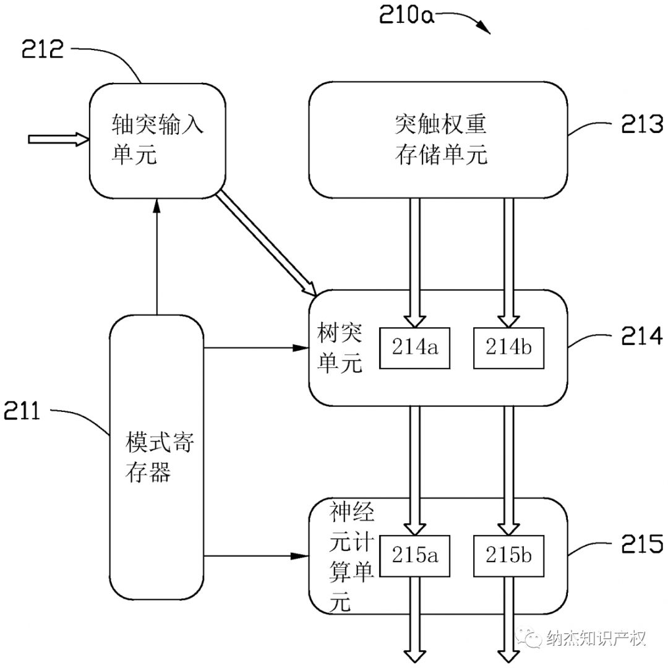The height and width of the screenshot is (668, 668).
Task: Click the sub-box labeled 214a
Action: click(x=415, y=348)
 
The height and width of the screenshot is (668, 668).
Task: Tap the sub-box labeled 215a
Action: click(x=415, y=555)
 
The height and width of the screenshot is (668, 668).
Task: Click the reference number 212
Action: click(x=43, y=49)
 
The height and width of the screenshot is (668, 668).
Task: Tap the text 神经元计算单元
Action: click(x=350, y=557)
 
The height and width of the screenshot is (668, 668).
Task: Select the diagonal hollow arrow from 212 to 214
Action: click(x=267, y=244)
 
